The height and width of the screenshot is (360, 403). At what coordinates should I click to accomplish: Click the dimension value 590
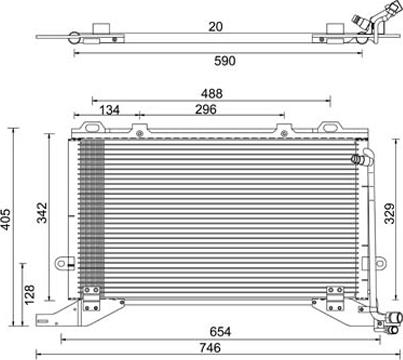click(x=225, y=61)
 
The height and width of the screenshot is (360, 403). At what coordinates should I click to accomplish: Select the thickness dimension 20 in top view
click(x=216, y=27)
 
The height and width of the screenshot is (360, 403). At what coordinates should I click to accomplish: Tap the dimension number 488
click(x=212, y=94)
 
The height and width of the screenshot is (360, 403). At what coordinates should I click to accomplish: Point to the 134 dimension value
click(x=110, y=110)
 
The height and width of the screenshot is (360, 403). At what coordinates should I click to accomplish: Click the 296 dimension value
click(x=206, y=109)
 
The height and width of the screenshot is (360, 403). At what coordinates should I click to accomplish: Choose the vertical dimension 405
click(x=6, y=219)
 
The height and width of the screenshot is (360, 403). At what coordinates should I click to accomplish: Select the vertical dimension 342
click(x=42, y=213)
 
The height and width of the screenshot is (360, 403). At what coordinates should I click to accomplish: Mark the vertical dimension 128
click(x=29, y=294)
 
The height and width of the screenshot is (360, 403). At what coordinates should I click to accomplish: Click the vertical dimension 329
click(x=390, y=213)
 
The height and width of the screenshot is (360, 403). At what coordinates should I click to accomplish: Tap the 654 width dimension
click(x=220, y=332)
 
